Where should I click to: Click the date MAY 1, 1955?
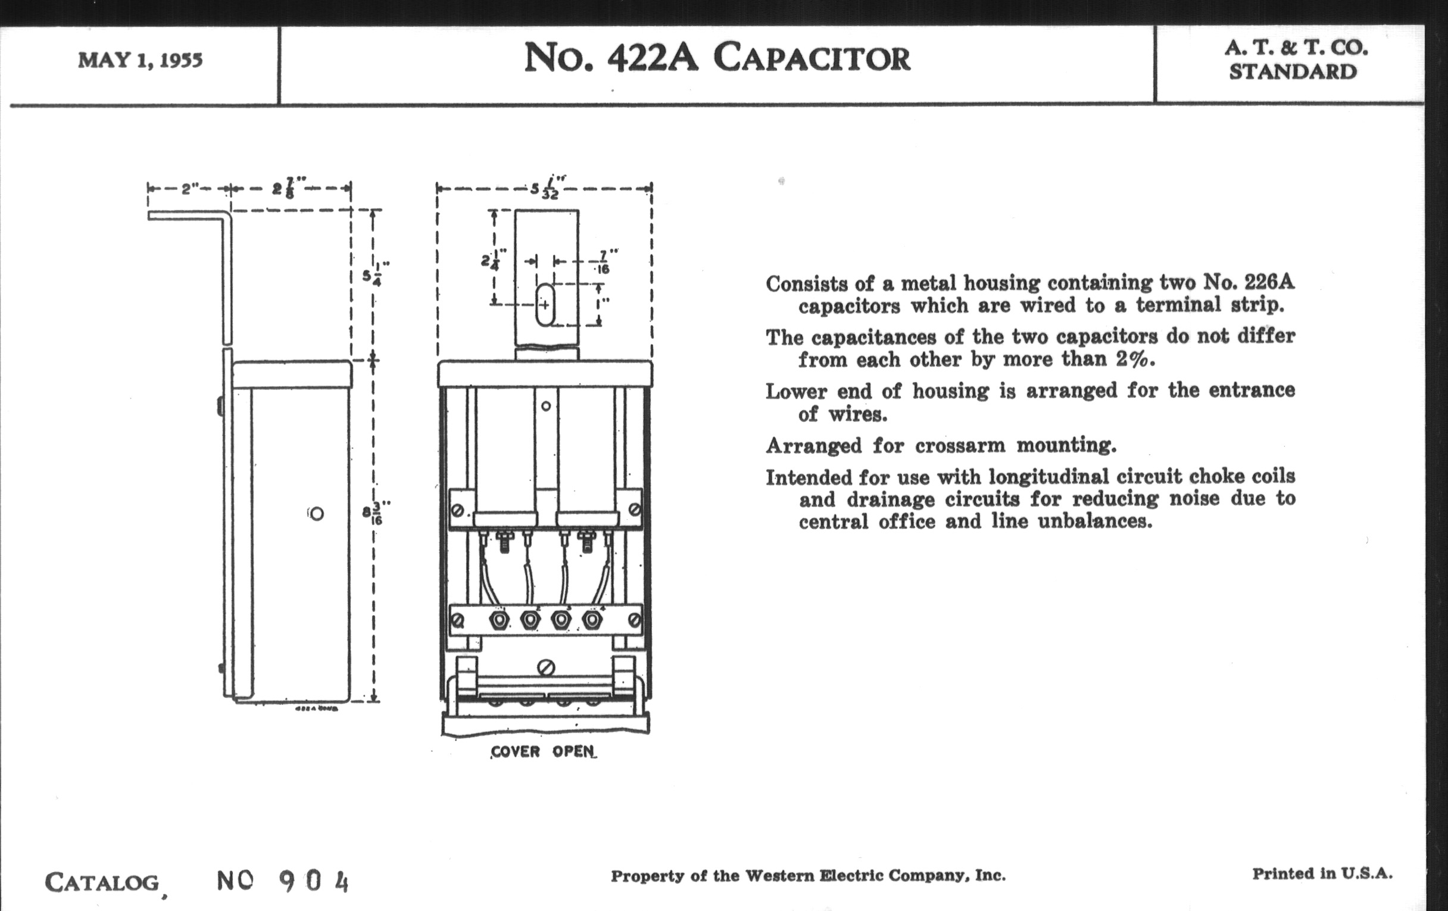(140, 60)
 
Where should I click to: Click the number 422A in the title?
(653, 58)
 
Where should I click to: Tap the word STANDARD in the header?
(1293, 71)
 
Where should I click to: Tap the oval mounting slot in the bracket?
(545, 305)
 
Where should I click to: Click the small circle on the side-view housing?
(316, 513)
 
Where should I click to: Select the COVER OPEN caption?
(543, 752)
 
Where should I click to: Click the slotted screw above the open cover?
(546, 667)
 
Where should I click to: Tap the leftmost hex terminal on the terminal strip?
(498, 619)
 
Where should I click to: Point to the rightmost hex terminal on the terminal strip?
(592, 619)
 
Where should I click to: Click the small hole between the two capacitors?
(546, 406)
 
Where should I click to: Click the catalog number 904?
(314, 882)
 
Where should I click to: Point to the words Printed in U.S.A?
(1322, 873)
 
